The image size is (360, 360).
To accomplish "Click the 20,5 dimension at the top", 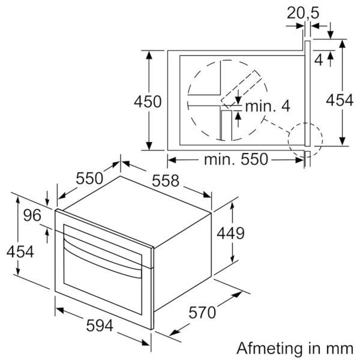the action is tap(303, 13).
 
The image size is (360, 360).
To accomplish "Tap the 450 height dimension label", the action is tap(148, 102).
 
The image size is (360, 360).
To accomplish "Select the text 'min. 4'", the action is tap(268, 106).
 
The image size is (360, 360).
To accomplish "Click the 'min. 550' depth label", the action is tap(236, 160).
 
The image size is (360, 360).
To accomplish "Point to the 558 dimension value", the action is tap(166, 181).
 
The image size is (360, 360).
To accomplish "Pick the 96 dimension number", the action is tap(32, 215).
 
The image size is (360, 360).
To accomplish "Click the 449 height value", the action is tap(231, 233).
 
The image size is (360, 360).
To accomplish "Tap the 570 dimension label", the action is tap(202, 313).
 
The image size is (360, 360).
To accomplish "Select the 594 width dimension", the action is tap(100, 326).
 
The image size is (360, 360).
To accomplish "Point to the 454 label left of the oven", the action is tap(20, 251).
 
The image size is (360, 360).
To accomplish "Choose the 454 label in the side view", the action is tap(340, 100).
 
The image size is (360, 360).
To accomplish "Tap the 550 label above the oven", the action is tap(89, 178).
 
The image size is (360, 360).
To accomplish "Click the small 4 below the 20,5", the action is tap(319, 60).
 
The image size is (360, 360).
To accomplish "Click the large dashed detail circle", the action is tap(227, 100).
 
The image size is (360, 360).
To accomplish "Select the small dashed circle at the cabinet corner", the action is tap(305, 140).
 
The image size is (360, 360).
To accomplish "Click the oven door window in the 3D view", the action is tap(103, 269).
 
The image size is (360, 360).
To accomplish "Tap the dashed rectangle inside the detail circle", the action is tap(241, 89).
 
